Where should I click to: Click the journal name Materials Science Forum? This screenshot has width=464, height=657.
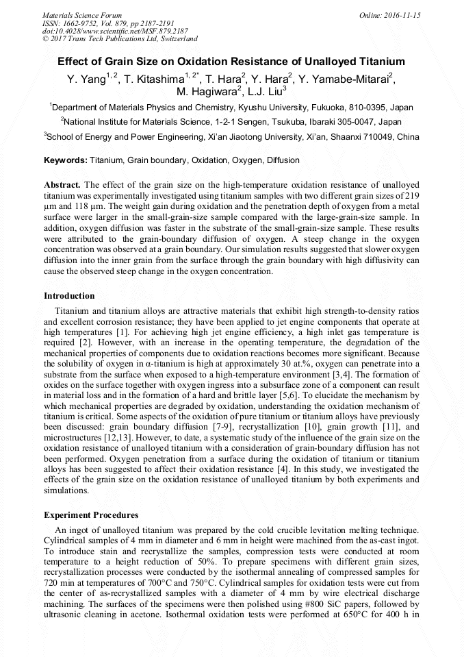82,15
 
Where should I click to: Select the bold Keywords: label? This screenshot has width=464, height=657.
66,160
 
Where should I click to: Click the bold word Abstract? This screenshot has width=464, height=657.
62,185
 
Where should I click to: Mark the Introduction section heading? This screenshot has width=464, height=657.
69,296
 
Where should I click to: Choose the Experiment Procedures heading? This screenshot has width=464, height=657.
91,515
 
